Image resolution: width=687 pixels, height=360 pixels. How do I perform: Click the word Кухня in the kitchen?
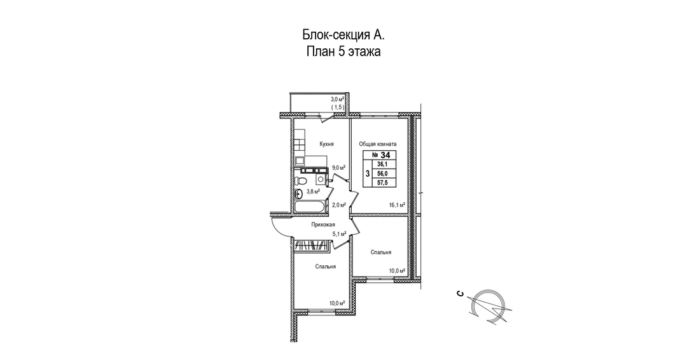(x=327, y=144)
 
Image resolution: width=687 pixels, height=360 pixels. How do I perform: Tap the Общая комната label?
(x=378, y=144)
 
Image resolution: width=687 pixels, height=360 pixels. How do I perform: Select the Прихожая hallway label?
(x=323, y=225)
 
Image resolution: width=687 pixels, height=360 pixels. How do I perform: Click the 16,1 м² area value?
(x=396, y=205)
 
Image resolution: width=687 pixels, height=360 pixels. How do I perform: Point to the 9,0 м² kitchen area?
(x=338, y=167)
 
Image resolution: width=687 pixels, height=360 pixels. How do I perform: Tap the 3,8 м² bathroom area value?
(x=313, y=191)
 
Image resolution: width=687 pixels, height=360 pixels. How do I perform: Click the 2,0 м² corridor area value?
(x=339, y=205)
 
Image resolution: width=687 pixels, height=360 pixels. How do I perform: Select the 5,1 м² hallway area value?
(x=339, y=234)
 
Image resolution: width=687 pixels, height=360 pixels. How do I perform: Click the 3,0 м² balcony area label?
(x=338, y=100)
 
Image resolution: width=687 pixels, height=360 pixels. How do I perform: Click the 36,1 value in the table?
(x=382, y=164)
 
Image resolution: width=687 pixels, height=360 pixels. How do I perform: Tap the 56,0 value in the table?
(x=382, y=174)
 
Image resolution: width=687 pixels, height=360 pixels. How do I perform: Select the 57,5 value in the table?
(x=382, y=183)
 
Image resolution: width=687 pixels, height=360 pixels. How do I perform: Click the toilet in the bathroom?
(x=300, y=181)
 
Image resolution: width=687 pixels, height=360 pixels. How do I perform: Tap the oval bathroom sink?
(x=298, y=194)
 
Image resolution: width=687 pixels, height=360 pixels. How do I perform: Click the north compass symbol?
(x=489, y=307)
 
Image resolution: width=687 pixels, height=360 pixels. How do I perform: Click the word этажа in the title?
(x=364, y=52)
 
